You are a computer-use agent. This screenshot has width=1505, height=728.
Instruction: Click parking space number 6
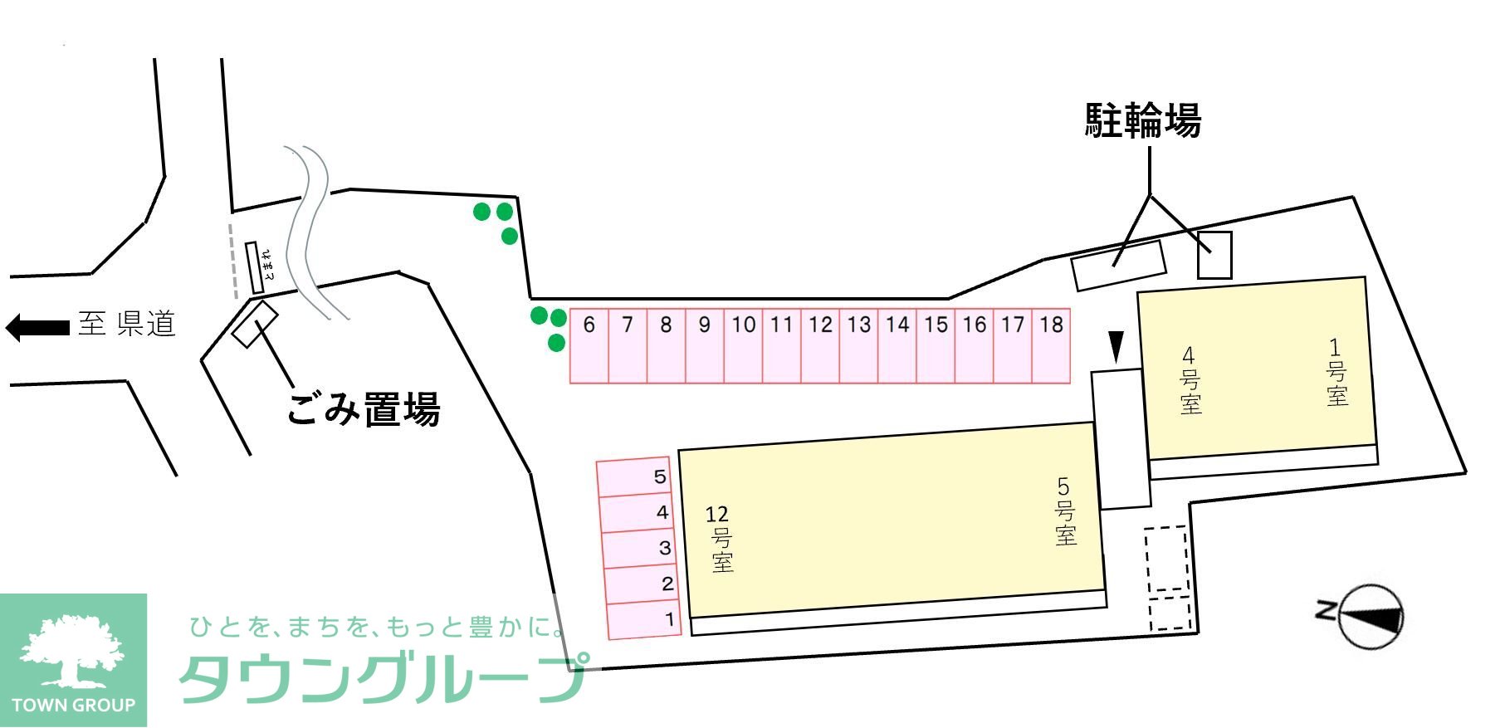(x=589, y=345)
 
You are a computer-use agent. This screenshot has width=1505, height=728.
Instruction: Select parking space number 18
(x=1051, y=345)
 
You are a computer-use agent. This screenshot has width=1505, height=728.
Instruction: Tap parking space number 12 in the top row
(x=820, y=345)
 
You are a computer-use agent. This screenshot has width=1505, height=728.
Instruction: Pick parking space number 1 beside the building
(x=644, y=620)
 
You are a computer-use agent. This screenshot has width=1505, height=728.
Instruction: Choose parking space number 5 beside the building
(x=633, y=477)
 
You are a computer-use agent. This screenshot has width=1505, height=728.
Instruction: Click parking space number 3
(x=639, y=549)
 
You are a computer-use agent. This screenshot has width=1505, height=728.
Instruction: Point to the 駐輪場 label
(x=1142, y=120)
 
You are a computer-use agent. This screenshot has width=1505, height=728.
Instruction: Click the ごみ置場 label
(x=363, y=409)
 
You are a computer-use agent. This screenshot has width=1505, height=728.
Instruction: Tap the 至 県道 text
(x=127, y=324)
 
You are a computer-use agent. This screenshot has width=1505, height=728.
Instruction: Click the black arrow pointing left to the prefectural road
(x=37, y=327)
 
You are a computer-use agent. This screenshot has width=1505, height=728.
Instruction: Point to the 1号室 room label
(x=1336, y=372)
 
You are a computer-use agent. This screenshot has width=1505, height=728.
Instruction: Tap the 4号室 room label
(x=1190, y=380)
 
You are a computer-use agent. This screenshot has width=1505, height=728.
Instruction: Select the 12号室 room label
(x=720, y=539)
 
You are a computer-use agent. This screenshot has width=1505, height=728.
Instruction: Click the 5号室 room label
(x=1064, y=511)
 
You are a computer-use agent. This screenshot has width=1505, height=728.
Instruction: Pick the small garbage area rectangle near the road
(x=255, y=324)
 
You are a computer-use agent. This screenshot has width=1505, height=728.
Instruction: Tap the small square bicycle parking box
(x=1214, y=255)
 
